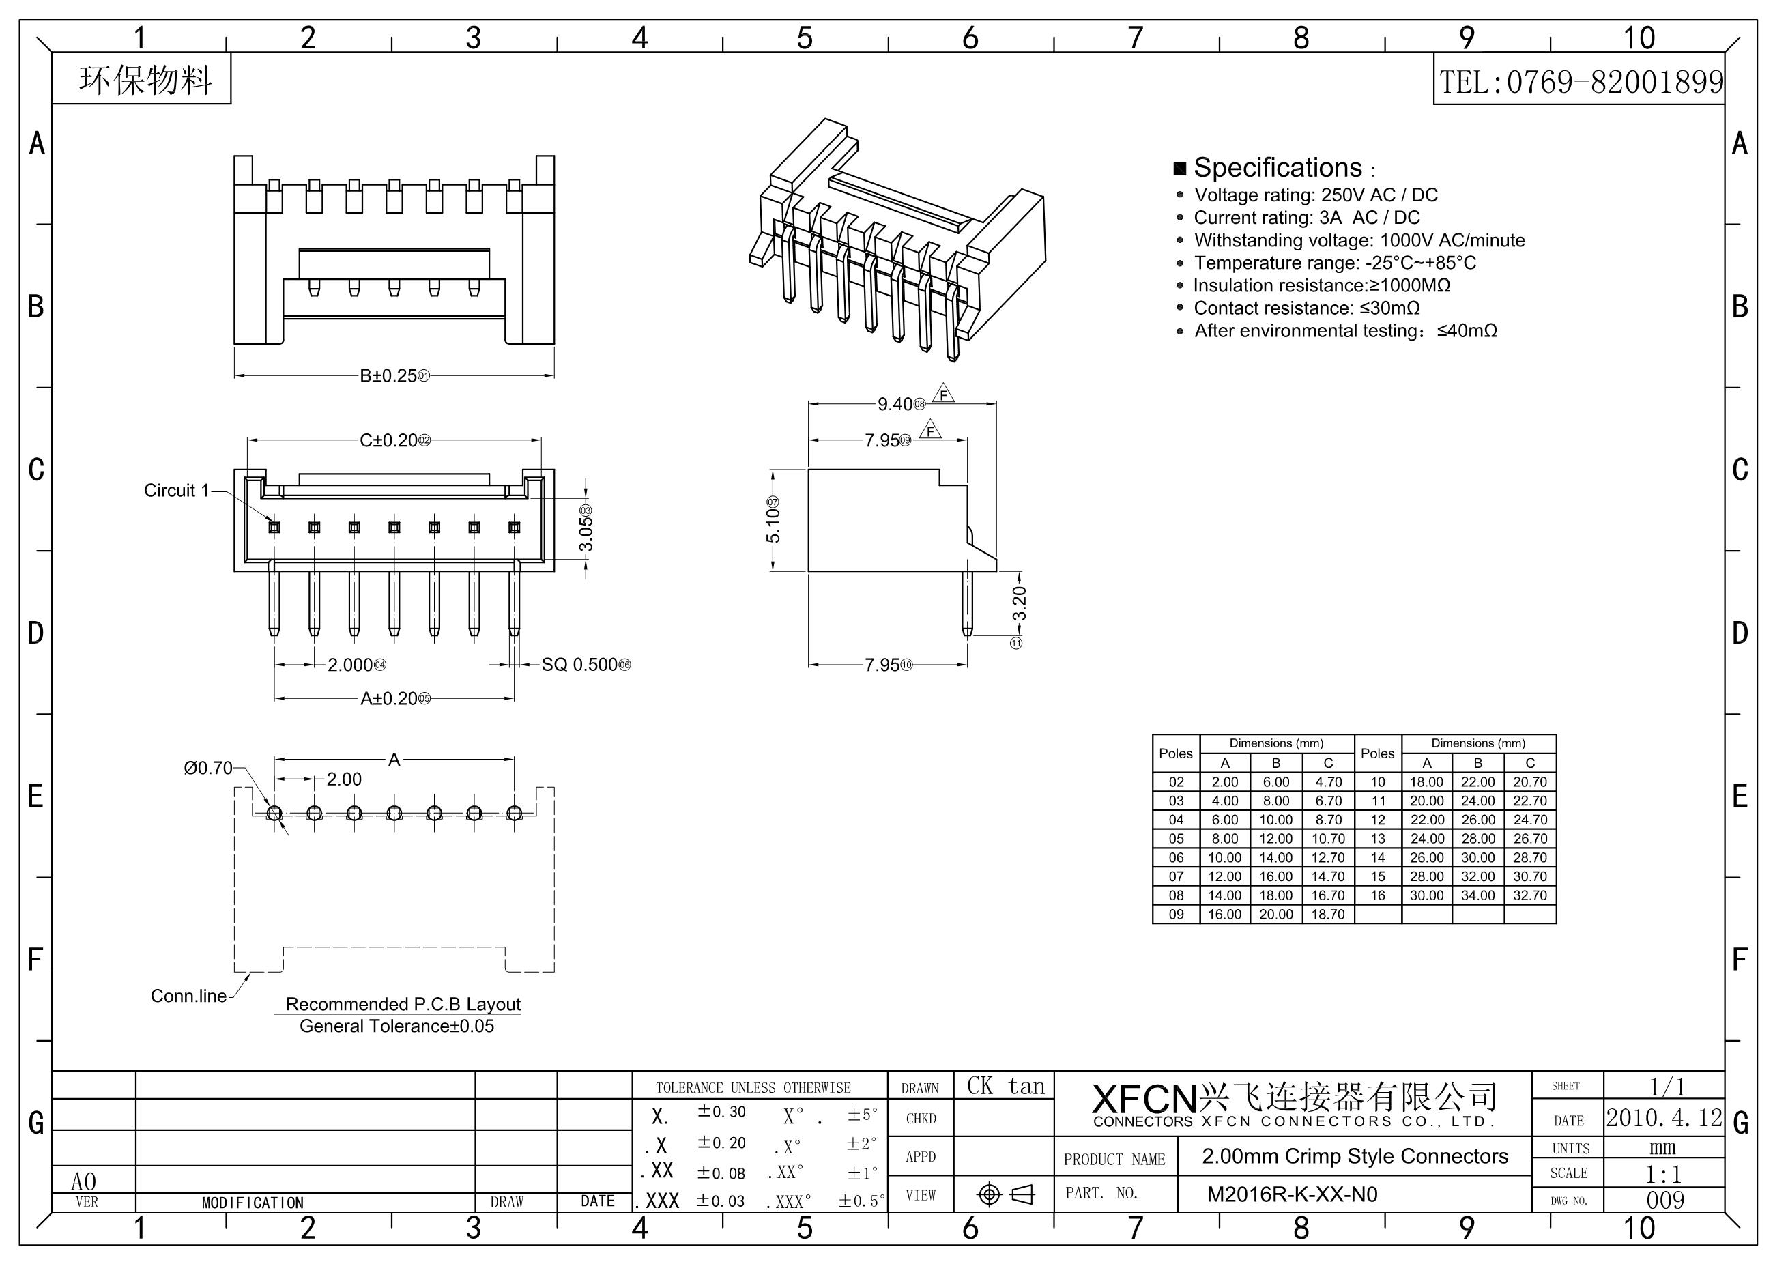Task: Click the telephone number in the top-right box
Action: [1581, 82]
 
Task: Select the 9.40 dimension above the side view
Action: [895, 404]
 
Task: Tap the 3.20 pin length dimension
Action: [1020, 603]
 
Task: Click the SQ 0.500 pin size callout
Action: [579, 665]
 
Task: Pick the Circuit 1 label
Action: [176, 491]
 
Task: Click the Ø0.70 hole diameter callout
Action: [208, 768]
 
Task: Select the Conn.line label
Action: [188, 996]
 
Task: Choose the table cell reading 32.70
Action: [1529, 895]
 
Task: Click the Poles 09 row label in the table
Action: [1176, 915]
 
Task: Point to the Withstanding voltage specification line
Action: [1359, 241]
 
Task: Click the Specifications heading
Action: [1277, 168]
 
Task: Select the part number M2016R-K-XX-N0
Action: [1292, 1194]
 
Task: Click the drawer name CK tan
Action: [1005, 1087]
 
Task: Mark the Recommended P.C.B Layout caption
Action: [403, 1005]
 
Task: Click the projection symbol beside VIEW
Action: [1005, 1194]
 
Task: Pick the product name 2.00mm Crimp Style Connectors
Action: [1355, 1157]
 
